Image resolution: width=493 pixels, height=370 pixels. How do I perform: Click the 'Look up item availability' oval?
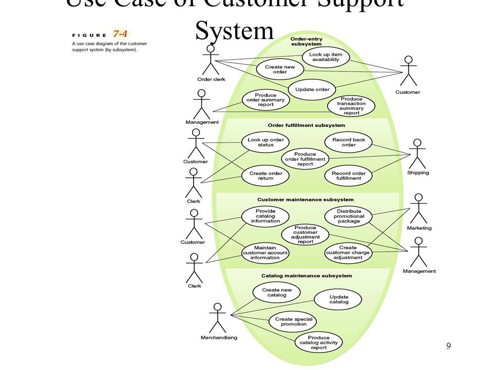point(326,57)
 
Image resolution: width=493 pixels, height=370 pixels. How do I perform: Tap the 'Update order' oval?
point(312,89)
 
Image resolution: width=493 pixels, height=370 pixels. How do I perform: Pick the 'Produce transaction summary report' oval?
point(351,106)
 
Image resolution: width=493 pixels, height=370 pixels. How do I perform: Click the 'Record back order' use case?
point(348,142)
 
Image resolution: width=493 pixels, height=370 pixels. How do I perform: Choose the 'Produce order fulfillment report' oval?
point(305,159)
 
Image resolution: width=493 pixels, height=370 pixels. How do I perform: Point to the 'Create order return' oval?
point(266,176)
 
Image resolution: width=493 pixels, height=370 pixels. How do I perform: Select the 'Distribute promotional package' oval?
point(349,216)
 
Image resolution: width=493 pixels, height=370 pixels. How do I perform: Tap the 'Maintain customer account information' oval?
point(265,253)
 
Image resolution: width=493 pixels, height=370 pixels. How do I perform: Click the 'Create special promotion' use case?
point(293,322)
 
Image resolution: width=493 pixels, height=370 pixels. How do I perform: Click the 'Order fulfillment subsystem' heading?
point(306,125)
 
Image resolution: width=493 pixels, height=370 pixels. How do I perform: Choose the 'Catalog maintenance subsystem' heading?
point(306,276)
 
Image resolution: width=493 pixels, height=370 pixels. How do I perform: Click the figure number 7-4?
point(120,34)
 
